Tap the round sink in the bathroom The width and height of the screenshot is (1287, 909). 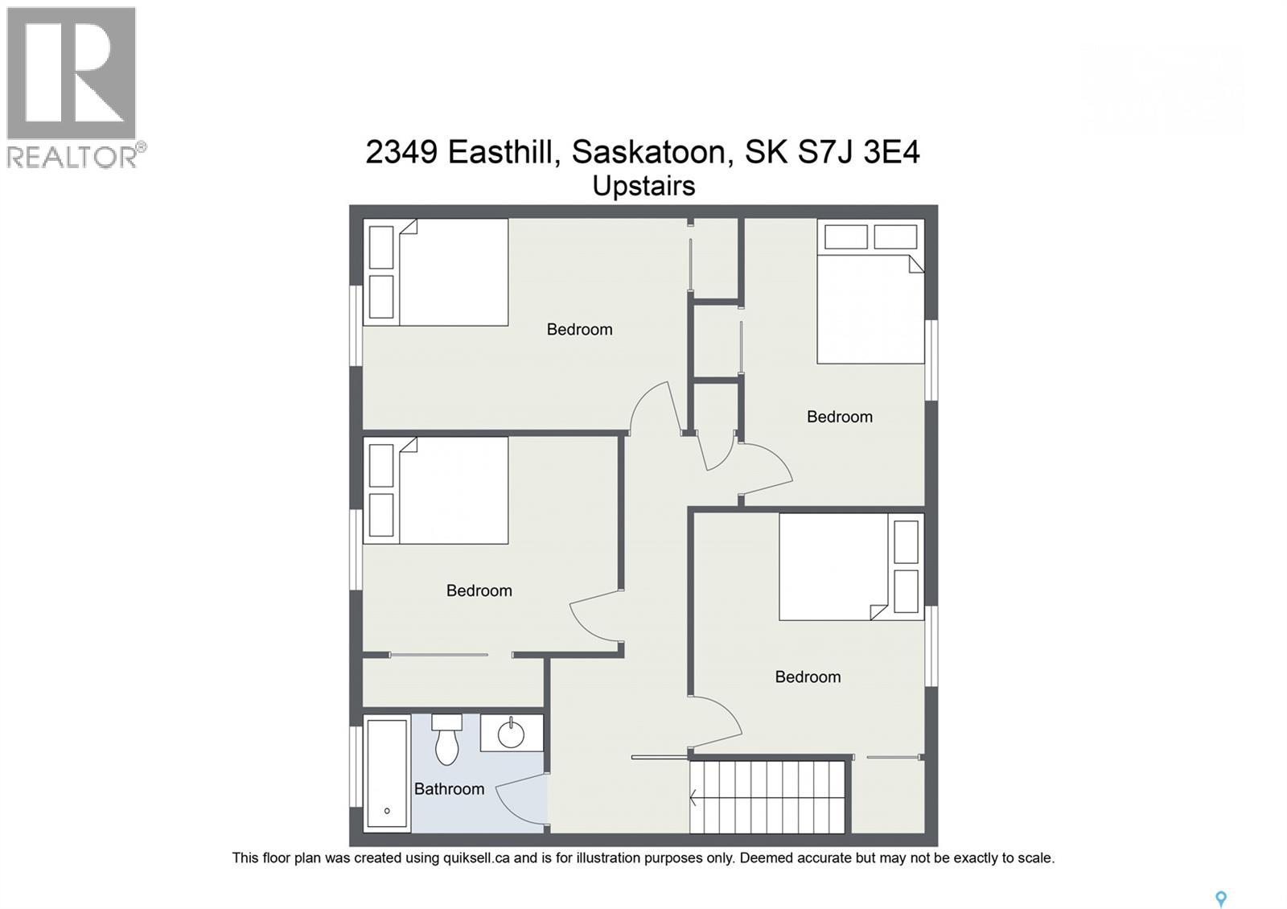pos(511,734)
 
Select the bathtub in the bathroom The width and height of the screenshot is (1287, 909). pos(387,774)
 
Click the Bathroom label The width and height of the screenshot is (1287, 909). pos(449,789)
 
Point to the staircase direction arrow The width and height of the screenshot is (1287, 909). pos(694,798)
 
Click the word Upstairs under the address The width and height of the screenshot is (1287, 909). pos(643,186)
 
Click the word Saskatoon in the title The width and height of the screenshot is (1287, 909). pos(652,151)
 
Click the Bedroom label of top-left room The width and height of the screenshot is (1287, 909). pos(579,329)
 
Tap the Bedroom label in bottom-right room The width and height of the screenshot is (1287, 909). pos(808,677)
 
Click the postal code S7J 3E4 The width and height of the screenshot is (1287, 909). pos(858,151)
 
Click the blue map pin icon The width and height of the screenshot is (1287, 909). pos(1220,899)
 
